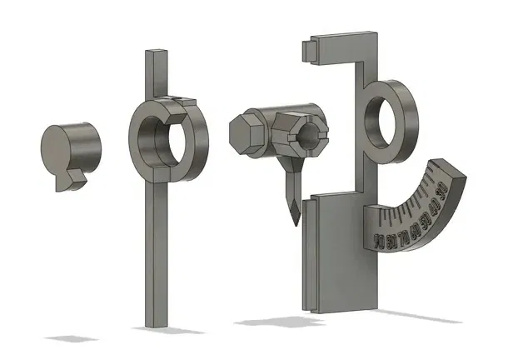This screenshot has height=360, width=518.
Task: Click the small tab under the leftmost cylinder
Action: click(76, 176)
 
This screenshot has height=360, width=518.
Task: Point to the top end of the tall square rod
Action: click(156, 53)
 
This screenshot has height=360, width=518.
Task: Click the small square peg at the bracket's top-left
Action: click(306, 51)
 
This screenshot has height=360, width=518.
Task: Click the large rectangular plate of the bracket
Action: click(337, 250)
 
